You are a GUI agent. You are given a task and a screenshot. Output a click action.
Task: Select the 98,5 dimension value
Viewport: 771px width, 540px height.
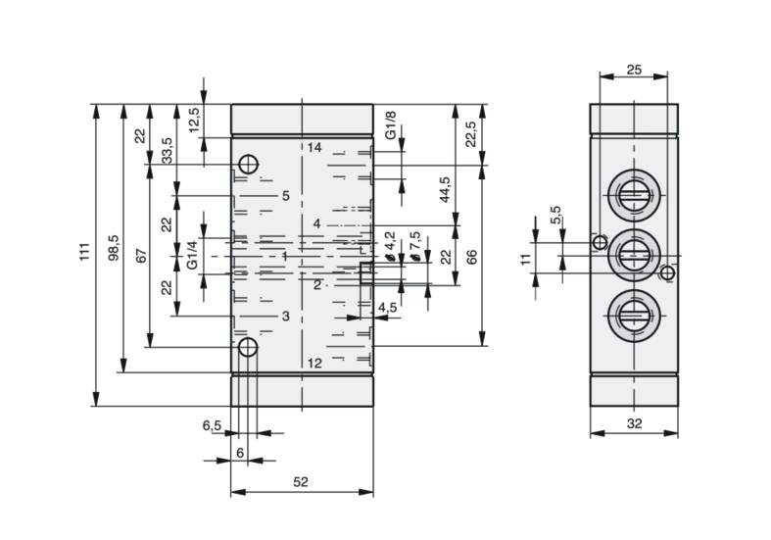114,247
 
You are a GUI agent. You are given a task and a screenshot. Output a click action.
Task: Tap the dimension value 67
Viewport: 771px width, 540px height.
141,256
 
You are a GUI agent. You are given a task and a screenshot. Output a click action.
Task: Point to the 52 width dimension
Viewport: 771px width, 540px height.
301,482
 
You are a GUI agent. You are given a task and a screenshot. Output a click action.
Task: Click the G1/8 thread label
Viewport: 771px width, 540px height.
391,124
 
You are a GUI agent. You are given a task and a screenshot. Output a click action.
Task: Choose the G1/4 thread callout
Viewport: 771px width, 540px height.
192,254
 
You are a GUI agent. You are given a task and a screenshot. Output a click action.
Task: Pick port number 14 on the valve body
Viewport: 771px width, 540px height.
314,147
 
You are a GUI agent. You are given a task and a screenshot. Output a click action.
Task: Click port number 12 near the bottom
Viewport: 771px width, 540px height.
314,363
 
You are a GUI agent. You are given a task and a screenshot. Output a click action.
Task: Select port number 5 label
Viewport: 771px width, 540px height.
286,196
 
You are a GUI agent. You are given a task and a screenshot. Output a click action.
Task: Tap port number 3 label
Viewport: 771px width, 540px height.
286,316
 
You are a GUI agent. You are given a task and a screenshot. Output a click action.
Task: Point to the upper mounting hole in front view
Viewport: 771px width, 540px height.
249,165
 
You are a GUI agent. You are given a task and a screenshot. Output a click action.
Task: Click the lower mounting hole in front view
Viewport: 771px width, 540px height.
248,347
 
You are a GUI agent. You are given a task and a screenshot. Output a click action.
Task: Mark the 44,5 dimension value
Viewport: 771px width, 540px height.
445,189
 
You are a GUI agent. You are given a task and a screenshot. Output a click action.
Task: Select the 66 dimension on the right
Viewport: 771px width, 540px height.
471,257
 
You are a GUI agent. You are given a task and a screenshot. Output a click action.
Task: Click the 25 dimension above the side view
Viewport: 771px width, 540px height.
634,70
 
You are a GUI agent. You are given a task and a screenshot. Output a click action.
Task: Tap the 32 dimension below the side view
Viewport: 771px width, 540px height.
634,423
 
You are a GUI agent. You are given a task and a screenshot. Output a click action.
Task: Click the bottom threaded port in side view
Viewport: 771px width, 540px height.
634,317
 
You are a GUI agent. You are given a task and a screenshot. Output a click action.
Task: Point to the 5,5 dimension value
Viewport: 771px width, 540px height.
555,215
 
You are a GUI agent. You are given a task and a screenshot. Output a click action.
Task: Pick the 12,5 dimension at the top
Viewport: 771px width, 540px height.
194,120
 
